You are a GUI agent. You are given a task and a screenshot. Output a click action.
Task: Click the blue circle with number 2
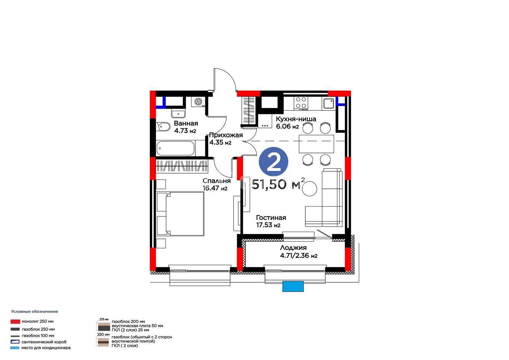[274, 162]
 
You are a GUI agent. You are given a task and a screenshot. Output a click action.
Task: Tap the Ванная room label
[186, 124]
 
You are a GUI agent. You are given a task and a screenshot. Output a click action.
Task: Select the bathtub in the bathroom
[175, 148]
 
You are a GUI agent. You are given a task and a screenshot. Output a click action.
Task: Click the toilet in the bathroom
[163, 127]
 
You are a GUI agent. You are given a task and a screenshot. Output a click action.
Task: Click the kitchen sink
[328, 104]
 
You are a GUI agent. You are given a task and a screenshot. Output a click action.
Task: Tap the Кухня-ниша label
[296, 119]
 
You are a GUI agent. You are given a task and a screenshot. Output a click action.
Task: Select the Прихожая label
[226, 135]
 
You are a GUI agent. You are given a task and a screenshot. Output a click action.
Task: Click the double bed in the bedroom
[181, 214]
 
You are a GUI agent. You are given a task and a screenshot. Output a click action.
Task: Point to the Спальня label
[216, 181]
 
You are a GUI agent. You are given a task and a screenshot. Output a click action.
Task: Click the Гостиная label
[271, 218]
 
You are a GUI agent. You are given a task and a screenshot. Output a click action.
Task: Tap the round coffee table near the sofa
[309, 189]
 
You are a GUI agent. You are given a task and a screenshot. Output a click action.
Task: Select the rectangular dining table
[316, 144]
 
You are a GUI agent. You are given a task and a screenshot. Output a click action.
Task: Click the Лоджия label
[294, 248]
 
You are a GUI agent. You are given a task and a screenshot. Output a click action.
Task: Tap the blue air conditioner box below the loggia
[293, 286]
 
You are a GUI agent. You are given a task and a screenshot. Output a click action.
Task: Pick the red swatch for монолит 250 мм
[15, 321]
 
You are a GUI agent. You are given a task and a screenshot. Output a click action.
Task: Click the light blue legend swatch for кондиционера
[15, 348]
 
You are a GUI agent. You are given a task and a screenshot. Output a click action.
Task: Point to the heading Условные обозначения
[35, 311]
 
